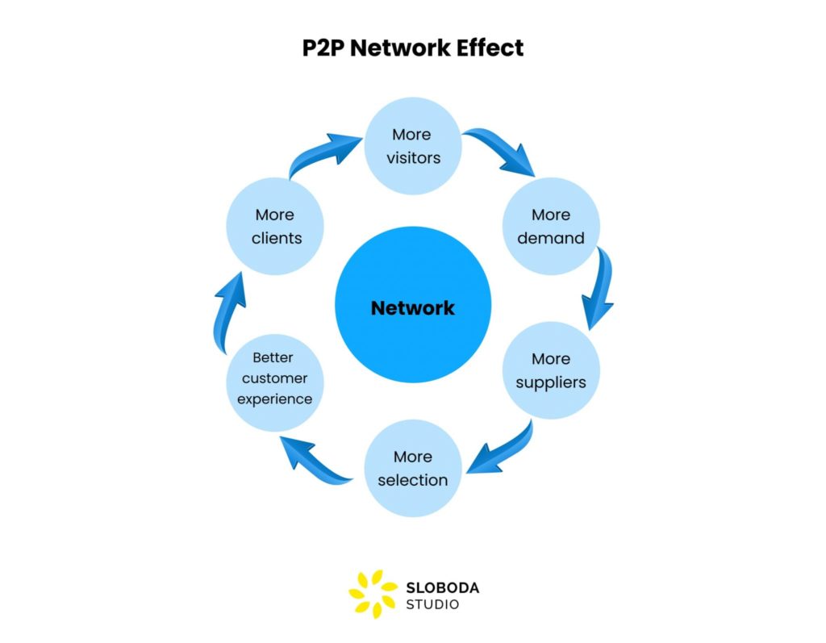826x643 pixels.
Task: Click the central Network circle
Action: point(412,307)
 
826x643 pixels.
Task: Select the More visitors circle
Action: point(412,146)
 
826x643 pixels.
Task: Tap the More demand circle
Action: point(551,226)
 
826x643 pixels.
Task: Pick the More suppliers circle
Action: point(551,370)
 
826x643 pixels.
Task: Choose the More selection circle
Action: point(412,468)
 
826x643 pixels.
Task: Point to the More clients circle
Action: point(274,226)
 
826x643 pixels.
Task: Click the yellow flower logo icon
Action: point(373,595)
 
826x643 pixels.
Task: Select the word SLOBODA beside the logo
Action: point(443,587)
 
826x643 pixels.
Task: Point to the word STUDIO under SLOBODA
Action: point(433,604)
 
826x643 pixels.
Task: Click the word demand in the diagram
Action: point(551,238)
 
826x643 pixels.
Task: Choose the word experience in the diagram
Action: point(274,399)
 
